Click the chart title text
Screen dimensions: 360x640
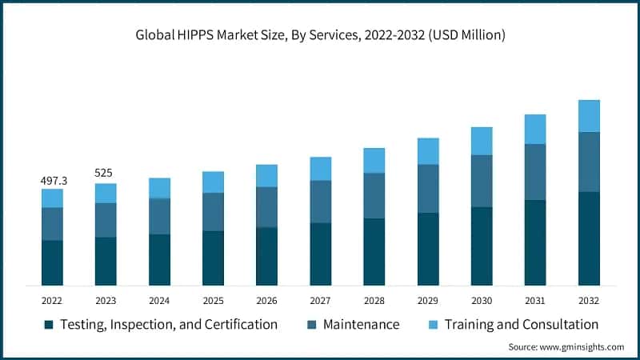(320, 35)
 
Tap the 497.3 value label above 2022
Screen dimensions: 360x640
(54, 182)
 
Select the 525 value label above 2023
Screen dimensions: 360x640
(106, 172)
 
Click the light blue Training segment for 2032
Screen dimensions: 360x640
(589, 116)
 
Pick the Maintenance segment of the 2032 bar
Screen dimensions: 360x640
(589, 162)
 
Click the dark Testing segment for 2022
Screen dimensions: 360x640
(52, 262)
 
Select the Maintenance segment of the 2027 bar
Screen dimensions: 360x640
(320, 202)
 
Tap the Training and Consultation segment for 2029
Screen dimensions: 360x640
(428, 151)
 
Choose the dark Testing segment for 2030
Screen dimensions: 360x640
(482, 246)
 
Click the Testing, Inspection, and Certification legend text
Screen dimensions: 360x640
(170, 324)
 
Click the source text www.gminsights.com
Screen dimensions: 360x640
(566, 347)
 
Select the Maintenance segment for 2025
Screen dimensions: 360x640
(213, 212)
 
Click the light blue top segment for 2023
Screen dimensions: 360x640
(106, 193)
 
